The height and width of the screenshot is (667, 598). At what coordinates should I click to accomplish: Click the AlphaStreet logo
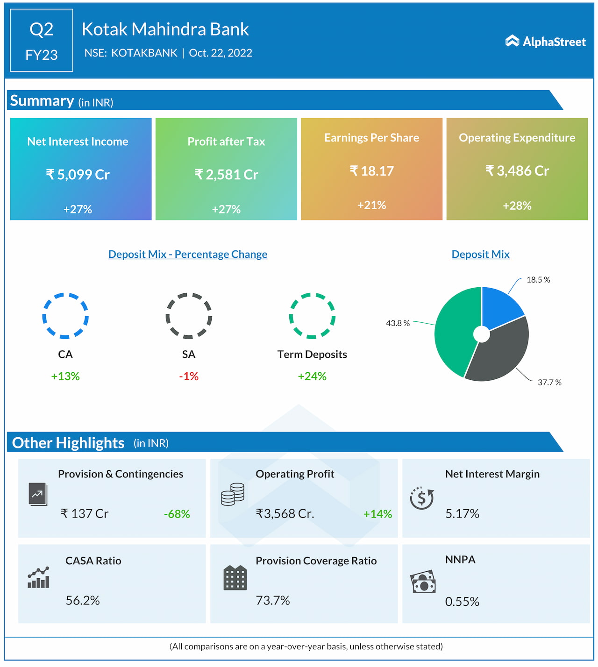[x=545, y=42]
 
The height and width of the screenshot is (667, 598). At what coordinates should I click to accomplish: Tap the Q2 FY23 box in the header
[x=42, y=41]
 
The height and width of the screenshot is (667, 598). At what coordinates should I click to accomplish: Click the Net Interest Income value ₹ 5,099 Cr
[x=78, y=175]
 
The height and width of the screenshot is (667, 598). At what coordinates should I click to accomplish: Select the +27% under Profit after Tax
[x=226, y=209]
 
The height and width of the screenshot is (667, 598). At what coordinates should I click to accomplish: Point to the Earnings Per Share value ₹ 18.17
[x=371, y=171]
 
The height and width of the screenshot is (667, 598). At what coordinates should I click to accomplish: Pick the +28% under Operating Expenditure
[x=517, y=206]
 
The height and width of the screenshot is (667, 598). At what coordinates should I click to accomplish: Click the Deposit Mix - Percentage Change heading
[x=188, y=254]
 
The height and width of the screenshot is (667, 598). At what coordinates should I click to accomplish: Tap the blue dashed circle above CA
[x=65, y=316]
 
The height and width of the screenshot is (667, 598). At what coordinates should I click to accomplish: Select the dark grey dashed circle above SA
[x=189, y=316]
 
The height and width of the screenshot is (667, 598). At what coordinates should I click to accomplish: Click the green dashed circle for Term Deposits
[x=312, y=316]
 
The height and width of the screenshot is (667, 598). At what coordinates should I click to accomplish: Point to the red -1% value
[x=189, y=376]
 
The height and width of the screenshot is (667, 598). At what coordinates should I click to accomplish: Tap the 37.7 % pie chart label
[x=549, y=383]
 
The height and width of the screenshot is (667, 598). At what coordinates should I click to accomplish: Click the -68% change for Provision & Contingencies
[x=177, y=514]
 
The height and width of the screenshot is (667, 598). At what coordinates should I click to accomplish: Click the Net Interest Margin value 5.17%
[x=462, y=514]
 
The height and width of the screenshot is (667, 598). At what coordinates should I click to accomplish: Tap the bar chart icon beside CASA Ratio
[x=38, y=578]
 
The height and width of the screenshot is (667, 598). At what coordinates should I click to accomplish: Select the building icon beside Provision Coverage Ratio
[x=235, y=578]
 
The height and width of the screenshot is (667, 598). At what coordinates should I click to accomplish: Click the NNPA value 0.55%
[x=462, y=602]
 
